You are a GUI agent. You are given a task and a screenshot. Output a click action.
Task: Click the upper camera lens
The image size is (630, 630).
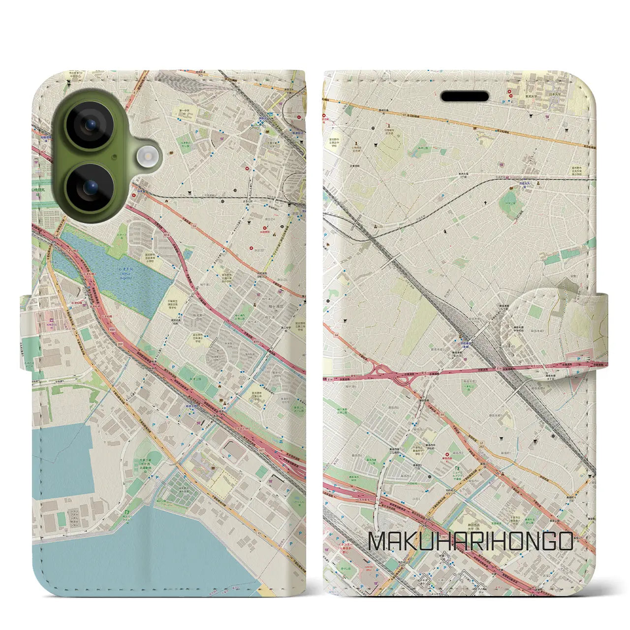90,125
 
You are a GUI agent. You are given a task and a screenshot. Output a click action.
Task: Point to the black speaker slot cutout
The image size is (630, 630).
465,96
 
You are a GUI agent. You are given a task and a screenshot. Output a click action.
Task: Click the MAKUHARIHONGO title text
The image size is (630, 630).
471,541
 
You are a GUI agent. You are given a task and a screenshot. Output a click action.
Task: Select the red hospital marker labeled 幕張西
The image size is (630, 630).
446,455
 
